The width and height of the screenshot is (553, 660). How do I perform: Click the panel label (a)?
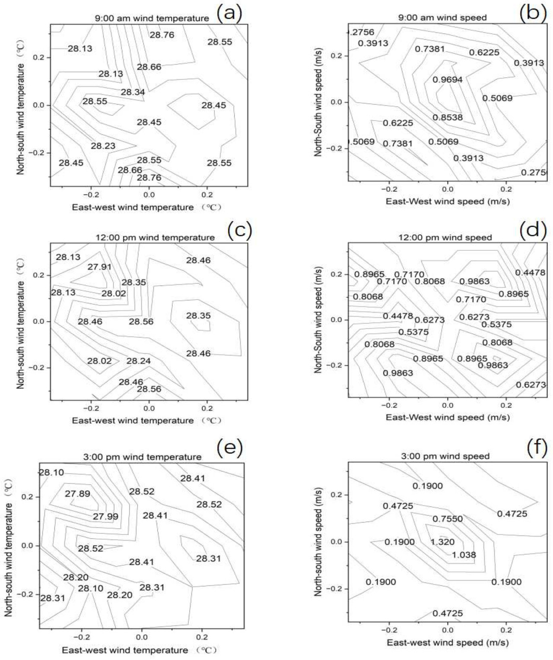pyautogui.click(x=229, y=13)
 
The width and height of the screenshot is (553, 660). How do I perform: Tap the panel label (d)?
pyautogui.click(x=533, y=230)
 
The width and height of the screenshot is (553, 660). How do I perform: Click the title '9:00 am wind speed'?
pyautogui.click(x=442, y=18)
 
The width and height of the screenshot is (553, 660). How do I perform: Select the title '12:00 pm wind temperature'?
pyautogui.click(x=155, y=237)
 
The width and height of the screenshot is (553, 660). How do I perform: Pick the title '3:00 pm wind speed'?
pyautogui.click(x=445, y=456)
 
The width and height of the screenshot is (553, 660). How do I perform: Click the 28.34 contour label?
pyautogui.click(x=133, y=92)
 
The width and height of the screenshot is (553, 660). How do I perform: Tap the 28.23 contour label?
pyautogui.click(x=103, y=146)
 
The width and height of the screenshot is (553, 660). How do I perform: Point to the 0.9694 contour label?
pyautogui.click(x=448, y=79)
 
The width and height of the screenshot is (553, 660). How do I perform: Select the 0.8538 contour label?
pyautogui.click(x=448, y=117)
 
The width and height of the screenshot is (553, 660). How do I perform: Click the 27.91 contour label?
pyautogui.click(x=99, y=267)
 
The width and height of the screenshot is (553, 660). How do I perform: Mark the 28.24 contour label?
pyautogui.click(x=138, y=361)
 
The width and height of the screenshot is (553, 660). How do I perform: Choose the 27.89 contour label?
pyautogui.click(x=77, y=494)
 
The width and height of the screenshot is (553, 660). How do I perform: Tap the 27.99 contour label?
pyautogui.click(x=105, y=516)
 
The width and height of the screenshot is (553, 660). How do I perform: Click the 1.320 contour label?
pyautogui.click(x=442, y=542)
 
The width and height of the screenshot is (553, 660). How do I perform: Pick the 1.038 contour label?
pyautogui.click(x=464, y=555)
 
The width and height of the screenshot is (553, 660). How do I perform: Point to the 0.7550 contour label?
pyautogui.click(x=448, y=519)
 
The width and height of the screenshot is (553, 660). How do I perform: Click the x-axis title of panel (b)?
pyautogui.click(x=448, y=201)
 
